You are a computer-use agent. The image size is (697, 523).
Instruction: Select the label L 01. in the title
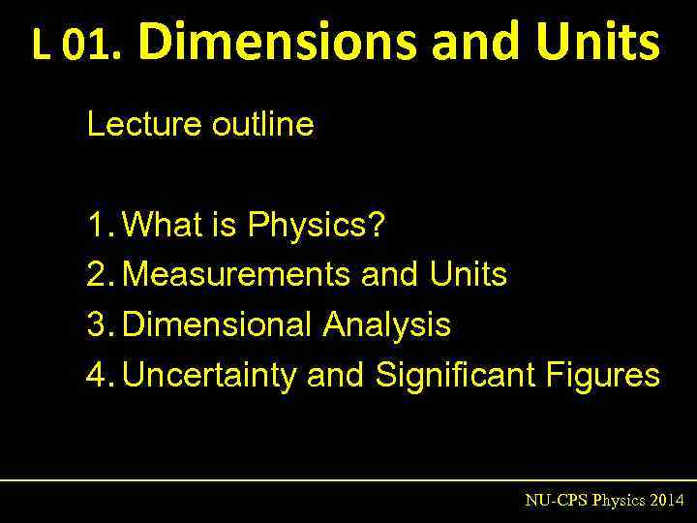(x=76, y=45)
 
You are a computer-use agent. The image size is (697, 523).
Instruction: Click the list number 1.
(x=100, y=226)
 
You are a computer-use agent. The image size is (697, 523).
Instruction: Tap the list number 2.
(x=100, y=275)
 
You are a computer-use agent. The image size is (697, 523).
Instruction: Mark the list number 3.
(x=100, y=324)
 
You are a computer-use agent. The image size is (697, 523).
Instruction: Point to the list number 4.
(x=100, y=374)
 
